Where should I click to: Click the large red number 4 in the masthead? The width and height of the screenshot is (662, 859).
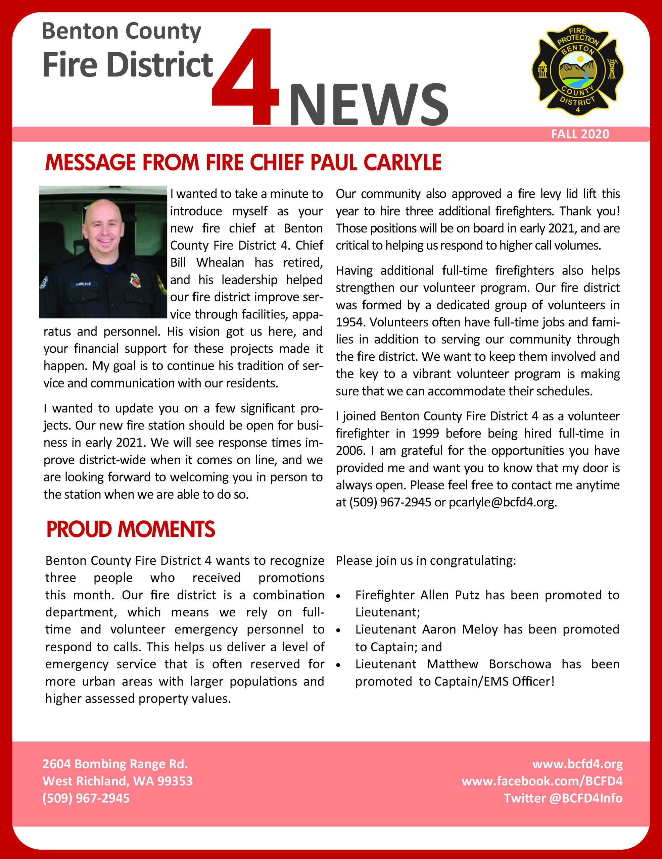pos(246,79)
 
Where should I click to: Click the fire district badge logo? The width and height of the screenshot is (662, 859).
pos(577,71)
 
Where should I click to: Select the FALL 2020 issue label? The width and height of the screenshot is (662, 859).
pos(580,135)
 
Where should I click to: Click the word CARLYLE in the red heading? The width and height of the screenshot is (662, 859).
pos(402,162)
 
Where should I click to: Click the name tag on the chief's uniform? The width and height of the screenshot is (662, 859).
pos(84,284)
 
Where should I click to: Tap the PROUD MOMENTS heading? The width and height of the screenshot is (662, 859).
pos(131,529)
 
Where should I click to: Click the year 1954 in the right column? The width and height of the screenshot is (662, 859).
pos(350,322)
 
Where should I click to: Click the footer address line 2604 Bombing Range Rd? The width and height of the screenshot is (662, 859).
pos(115,764)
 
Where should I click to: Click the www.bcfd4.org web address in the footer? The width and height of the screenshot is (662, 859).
pos(577,764)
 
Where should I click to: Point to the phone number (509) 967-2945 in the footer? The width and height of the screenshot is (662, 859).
pos(86,798)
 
